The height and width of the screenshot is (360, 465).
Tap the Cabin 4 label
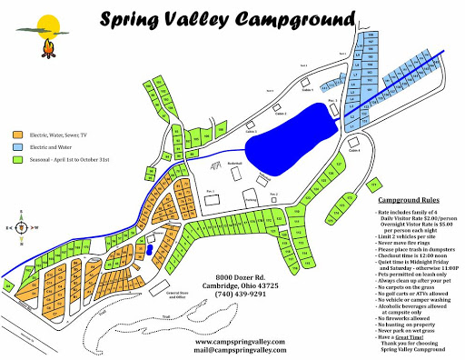(x=353, y=151)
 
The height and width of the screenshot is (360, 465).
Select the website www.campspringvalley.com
(x=246, y=342)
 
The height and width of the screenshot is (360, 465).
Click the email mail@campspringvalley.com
(x=245, y=352)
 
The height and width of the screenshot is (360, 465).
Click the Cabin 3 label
(x=333, y=100)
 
